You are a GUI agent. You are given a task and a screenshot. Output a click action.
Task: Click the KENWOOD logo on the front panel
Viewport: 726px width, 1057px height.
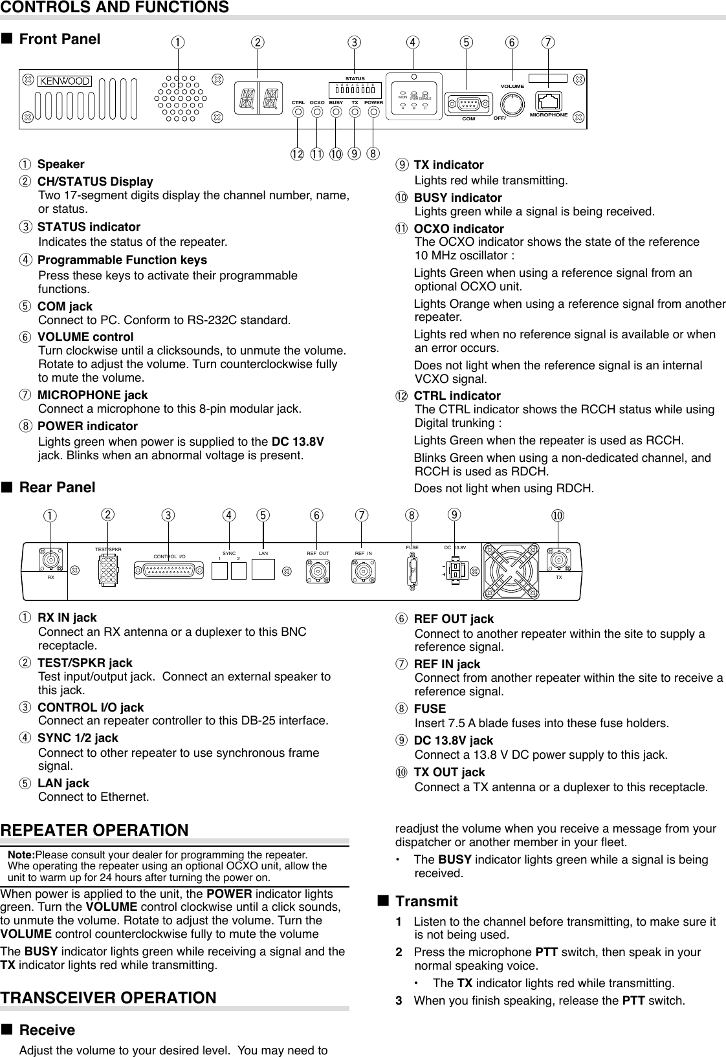click(65, 81)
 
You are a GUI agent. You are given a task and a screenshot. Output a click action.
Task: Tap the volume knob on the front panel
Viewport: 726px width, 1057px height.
click(512, 103)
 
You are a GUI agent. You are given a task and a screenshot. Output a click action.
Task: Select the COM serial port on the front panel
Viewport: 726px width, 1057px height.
click(468, 104)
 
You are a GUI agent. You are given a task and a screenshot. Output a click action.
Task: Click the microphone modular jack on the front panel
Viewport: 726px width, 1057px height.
click(549, 102)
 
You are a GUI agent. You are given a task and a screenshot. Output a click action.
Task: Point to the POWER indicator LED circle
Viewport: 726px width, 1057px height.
click(374, 112)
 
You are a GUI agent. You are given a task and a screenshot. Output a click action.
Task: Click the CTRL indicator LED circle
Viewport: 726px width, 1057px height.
click(298, 112)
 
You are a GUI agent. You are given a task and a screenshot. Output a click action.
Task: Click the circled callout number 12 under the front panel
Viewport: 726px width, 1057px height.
click(297, 154)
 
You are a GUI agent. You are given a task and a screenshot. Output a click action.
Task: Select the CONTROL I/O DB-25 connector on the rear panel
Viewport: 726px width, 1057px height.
click(170, 569)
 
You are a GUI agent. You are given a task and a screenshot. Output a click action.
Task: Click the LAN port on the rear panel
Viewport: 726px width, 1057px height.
click(263, 569)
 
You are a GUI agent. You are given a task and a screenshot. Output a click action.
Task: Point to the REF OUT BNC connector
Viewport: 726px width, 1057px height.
click(318, 570)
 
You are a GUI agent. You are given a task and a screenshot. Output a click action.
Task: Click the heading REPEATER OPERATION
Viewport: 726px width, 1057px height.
click(94, 830)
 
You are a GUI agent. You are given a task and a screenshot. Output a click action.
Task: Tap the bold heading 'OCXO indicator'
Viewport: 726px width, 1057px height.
click(459, 229)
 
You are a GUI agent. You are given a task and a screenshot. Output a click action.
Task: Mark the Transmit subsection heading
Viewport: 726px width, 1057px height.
click(426, 901)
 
